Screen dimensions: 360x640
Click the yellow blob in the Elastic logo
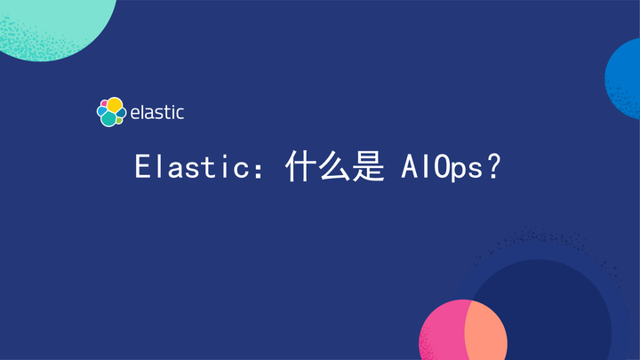[x=115, y=105]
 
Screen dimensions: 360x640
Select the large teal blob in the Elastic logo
[x=108, y=118]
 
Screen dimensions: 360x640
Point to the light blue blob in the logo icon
[x=100, y=113]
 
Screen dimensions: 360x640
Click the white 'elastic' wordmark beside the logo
[x=157, y=113]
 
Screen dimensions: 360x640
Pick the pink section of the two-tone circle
[x=439, y=333]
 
